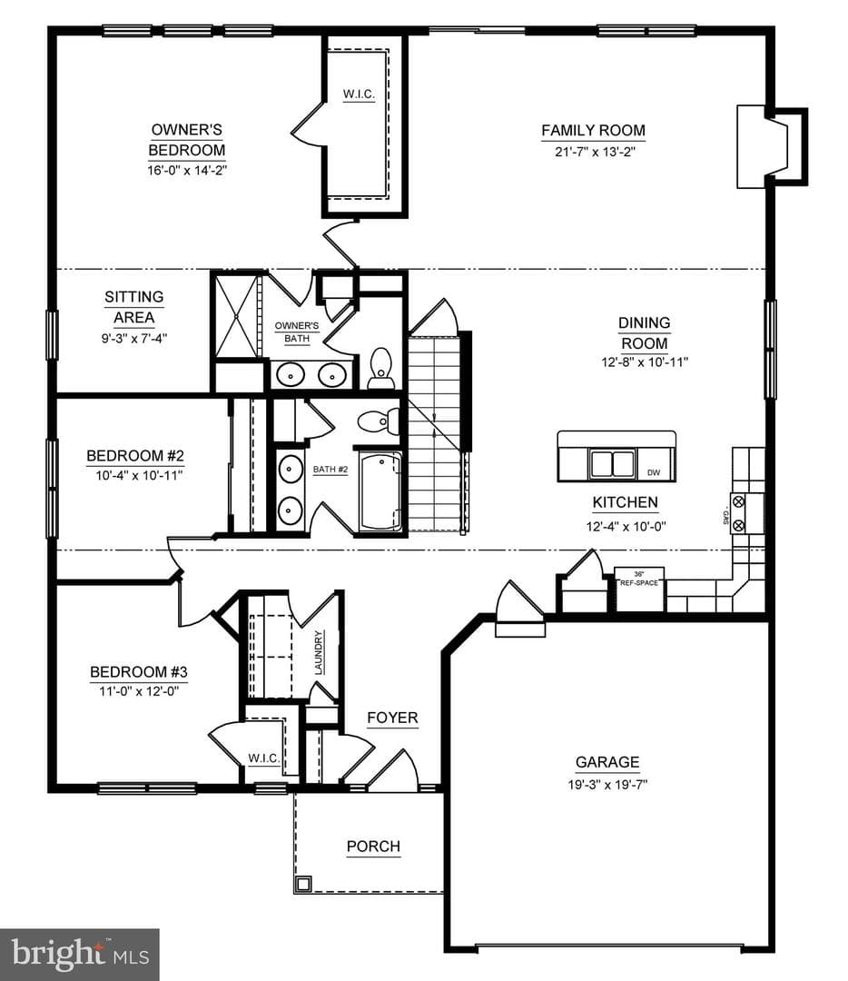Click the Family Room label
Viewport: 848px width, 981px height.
(593, 130)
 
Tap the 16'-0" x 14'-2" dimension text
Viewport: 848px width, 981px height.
(186, 170)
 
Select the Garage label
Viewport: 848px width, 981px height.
(607, 762)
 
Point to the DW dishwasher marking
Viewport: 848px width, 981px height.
(653, 472)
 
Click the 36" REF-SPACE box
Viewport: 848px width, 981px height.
(639, 589)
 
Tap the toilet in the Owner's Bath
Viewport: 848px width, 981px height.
(380, 367)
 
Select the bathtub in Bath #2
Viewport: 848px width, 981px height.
(380, 491)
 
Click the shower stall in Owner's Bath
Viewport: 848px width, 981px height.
(236, 317)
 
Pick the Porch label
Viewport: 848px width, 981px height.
(373, 847)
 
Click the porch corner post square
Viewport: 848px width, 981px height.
(303, 884)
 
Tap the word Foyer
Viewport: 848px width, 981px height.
(392, 718)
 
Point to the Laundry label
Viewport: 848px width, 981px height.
(319, 652)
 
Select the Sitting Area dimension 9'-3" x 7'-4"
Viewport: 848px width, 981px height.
(134, 339)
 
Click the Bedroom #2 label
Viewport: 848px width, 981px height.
(135, 455)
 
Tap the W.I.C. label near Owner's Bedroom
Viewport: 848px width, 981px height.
(359, 94)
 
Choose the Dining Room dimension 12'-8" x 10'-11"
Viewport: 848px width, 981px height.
(645, 362)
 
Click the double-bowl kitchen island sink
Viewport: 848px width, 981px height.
(613, 463)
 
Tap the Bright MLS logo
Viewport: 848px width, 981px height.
(79, 955)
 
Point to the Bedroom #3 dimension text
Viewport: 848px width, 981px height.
(139, 691)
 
